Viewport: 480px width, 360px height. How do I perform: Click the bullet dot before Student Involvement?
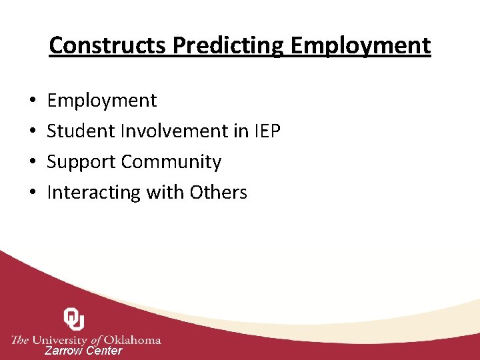pos(33,131)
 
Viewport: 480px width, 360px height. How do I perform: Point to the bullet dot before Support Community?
pos(33,162)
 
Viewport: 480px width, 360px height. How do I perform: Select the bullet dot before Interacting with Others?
pos(33,193)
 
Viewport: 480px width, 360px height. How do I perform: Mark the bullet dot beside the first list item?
pos(33,101)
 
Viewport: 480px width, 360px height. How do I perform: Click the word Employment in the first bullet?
pos(102,101)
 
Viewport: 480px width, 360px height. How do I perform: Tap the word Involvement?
pos(173,131)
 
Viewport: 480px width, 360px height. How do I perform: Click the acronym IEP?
pos(267,131)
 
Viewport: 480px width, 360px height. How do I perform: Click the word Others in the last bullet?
pos(219,193)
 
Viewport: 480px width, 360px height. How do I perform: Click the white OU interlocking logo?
pos(74,319)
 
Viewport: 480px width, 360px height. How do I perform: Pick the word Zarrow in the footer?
pos(64,351)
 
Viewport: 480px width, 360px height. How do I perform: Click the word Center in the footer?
pos(104,351)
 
